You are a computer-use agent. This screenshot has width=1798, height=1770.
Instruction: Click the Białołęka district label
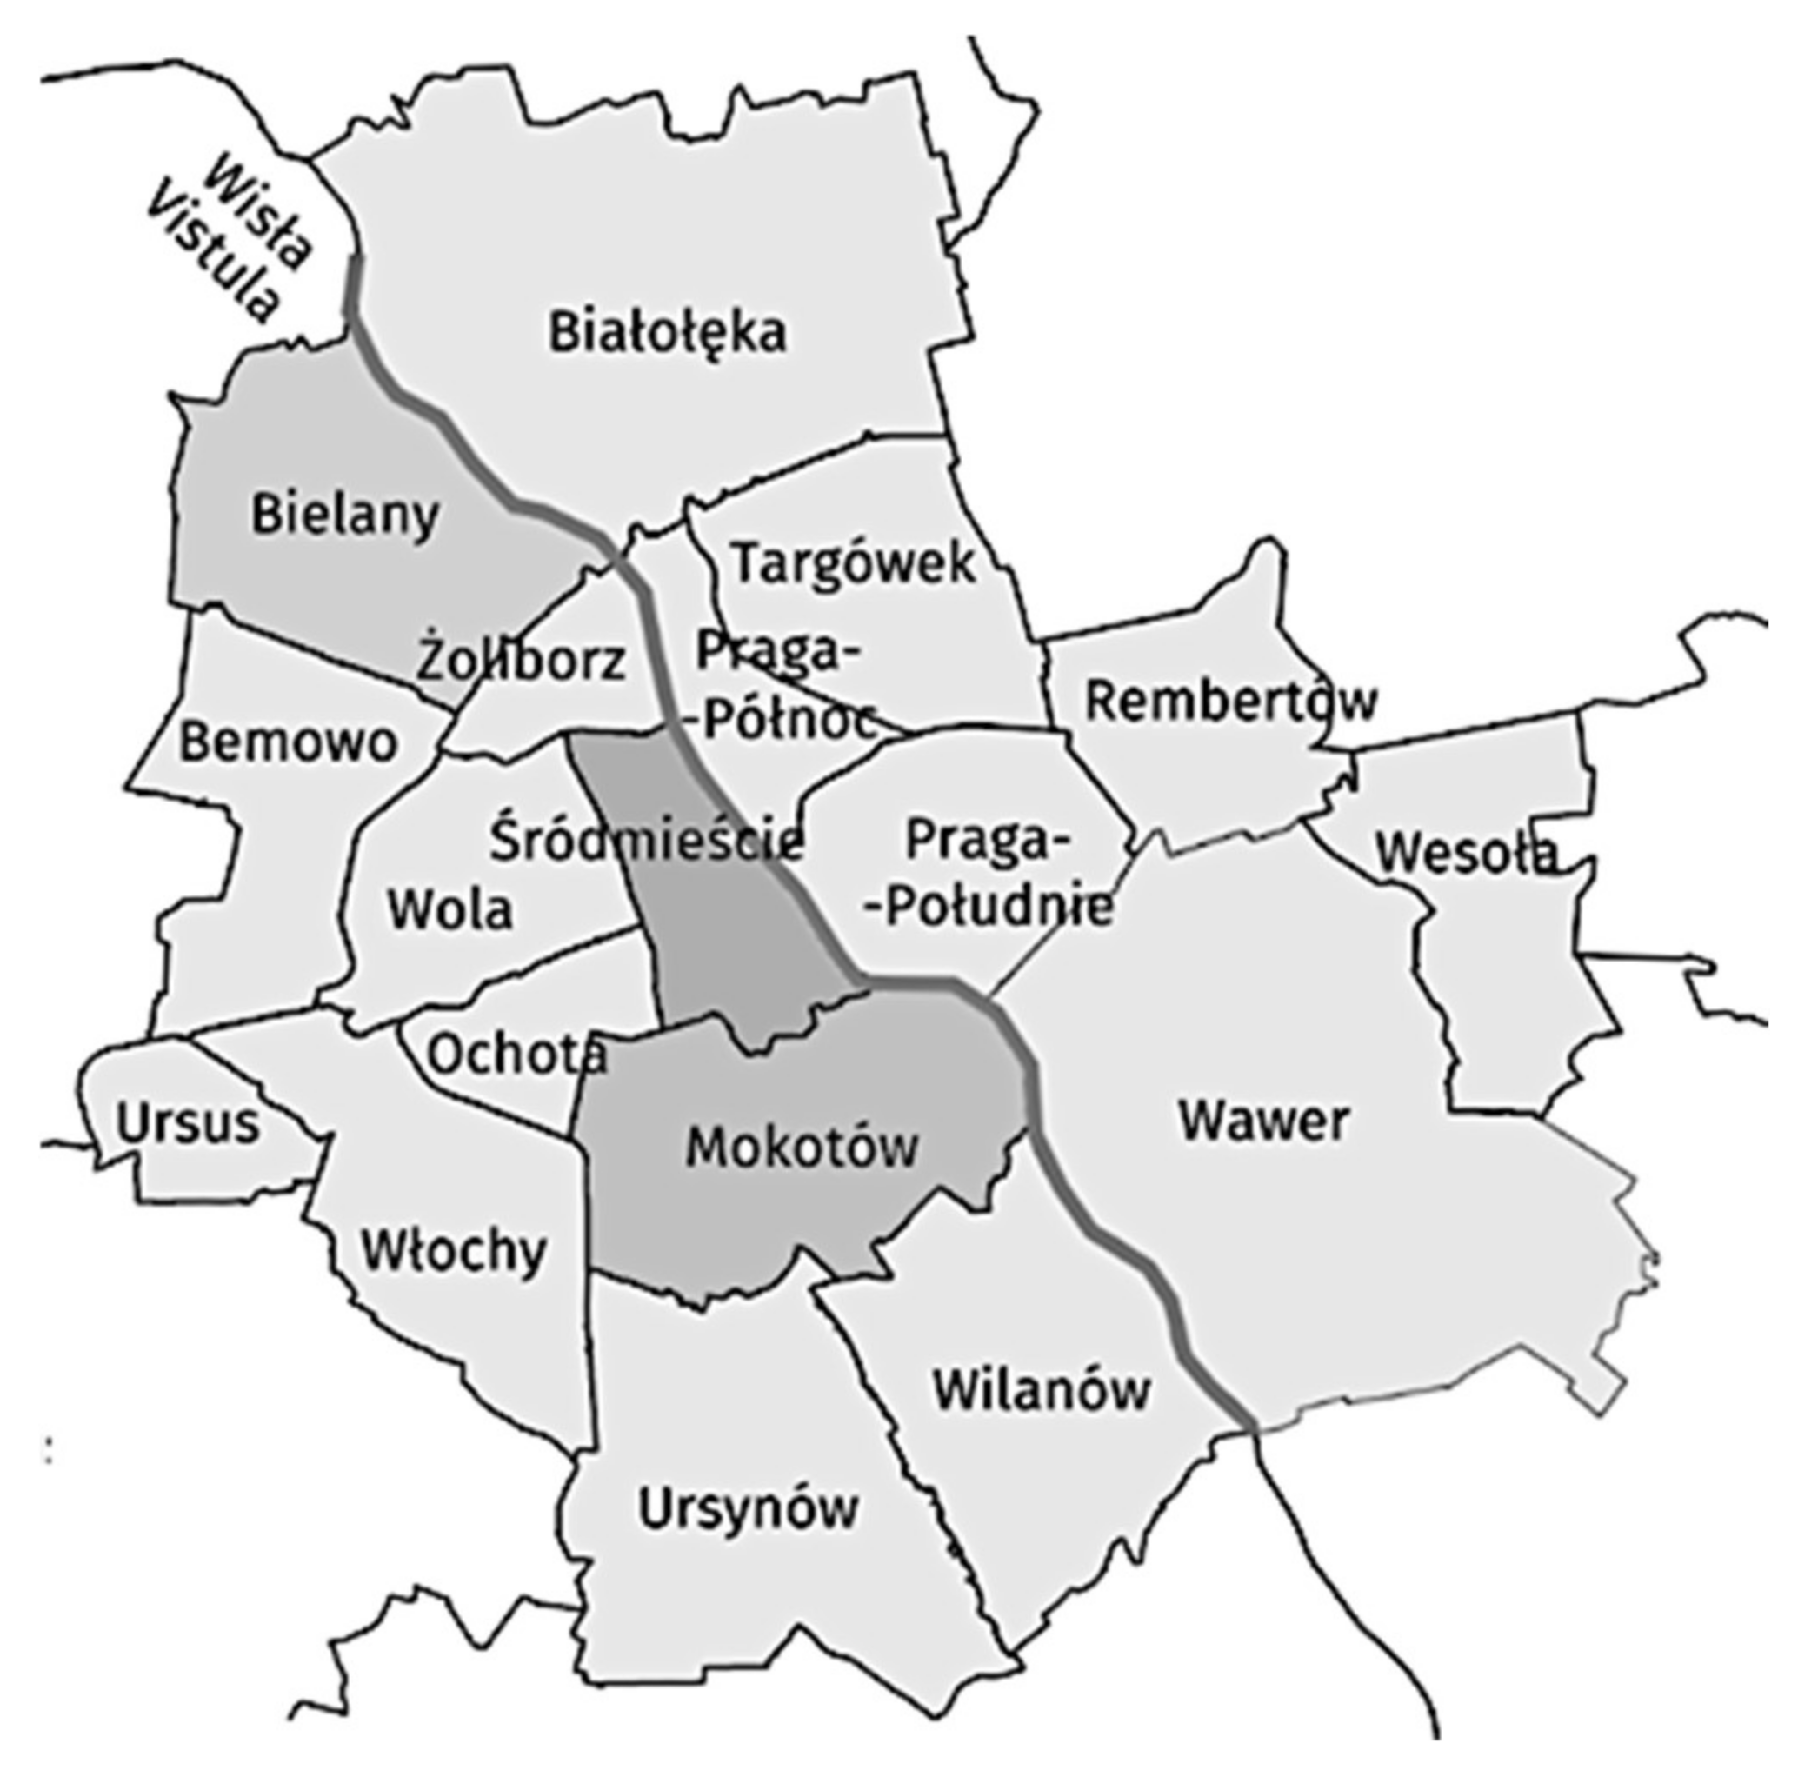667,332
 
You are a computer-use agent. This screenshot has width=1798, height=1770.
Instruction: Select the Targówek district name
855,562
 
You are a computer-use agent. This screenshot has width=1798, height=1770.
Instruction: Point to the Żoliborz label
522,661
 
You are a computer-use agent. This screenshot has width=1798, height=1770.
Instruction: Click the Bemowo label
288,742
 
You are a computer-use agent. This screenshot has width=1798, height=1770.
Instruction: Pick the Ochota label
517,1055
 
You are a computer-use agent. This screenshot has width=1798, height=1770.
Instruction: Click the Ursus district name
188,1123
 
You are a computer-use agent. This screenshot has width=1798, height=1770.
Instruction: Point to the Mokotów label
802,1148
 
